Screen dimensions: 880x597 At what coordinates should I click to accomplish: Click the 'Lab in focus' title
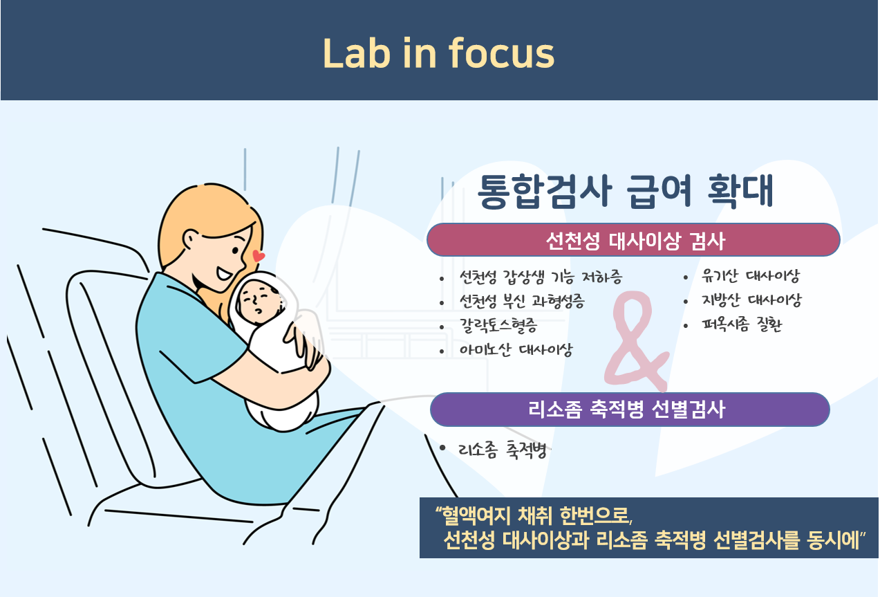(x=438, y=53)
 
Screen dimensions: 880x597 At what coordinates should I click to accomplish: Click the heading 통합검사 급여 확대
(x=625, y=191)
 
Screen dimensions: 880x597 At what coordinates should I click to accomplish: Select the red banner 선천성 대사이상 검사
(x=633, y=240)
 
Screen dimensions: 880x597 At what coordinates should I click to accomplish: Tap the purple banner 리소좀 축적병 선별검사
(x=630, y=409)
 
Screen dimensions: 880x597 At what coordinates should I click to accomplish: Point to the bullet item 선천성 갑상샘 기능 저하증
(x=541, y=277)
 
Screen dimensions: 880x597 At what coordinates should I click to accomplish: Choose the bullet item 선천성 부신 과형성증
(x=522, y=302)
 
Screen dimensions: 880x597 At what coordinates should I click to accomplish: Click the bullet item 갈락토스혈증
(x=498, y=325)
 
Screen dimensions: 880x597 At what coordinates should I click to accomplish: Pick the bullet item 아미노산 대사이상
(x=516, y=349)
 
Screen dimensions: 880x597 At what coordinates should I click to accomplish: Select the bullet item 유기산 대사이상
(x=751, y=276)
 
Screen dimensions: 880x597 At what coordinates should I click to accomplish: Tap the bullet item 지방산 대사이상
(x=751, y=300)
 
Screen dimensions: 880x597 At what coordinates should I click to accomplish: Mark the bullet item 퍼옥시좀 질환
(x=742, y=324)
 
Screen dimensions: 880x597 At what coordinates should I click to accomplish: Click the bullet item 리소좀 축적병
(x=503, y=450)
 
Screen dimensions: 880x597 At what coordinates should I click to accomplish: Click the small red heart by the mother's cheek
(x=258, y=255)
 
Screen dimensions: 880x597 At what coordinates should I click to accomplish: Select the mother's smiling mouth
(x=225, y=273)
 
